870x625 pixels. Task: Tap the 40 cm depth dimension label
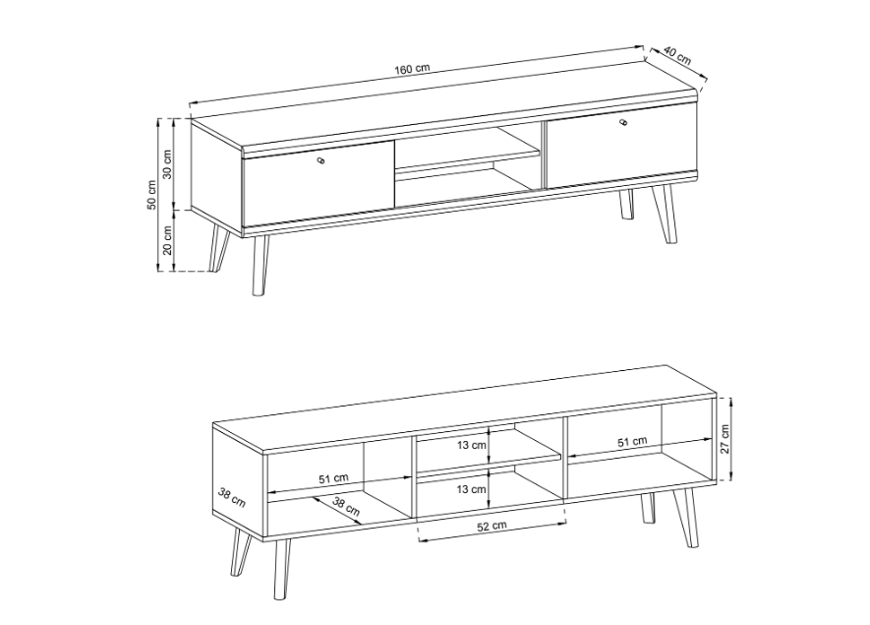point(677,56)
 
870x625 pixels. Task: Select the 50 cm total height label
point(151,195)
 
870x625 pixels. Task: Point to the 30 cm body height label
point(167,164)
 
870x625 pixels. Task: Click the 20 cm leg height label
point(167,240)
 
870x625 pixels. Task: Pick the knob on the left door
point(320,161)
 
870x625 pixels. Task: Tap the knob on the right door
point(622,122)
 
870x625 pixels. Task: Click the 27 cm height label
point(725,439)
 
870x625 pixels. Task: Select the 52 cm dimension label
point(492,527)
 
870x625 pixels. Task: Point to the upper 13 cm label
point(472,445)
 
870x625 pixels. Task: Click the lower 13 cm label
point(472,489)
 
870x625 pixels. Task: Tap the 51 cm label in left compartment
point(333,478)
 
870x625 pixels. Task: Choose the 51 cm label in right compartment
point(632,442)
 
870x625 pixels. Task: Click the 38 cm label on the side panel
point(232,497)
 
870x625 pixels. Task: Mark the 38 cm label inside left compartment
point(346,506)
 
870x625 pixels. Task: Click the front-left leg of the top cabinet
point(260,265)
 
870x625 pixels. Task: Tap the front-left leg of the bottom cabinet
point(282,568)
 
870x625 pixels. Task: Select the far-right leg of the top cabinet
point(664,214)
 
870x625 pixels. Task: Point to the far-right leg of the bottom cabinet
point(690,518)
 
